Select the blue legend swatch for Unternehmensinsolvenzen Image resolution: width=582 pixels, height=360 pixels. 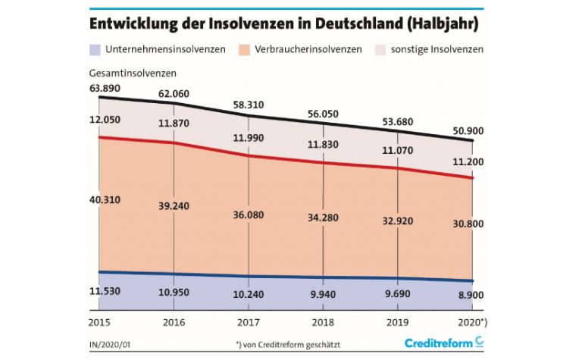(95, 49)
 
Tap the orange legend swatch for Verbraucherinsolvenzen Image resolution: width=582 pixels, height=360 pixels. (245, 49)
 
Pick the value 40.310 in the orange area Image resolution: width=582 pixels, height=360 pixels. (106, 199)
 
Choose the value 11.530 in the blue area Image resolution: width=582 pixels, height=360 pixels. (106, 291)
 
